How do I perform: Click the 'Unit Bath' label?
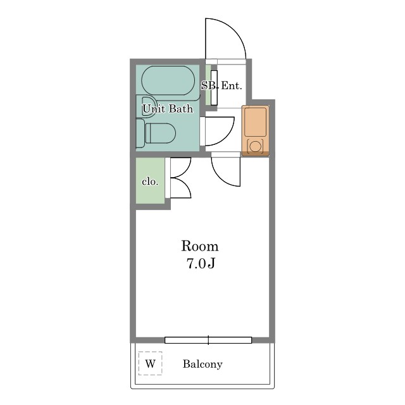(x=168, y=109)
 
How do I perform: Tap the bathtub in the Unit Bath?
(x=168, y=80)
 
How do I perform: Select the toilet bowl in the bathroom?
(x=160, y=133)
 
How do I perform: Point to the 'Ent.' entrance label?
(x=232, y=85)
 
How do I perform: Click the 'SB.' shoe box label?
(x=209, y=85)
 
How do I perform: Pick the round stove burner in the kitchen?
(x=255, y=146)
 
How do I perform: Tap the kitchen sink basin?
(x=256, y=122)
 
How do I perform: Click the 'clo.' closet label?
(x=150, y=182)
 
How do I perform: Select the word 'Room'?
(x=200, y=246)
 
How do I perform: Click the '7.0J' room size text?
(x=201, y=264)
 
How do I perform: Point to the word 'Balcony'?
(x=202, y=364)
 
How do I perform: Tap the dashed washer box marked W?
(x=150, y=363)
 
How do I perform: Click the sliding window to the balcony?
(x=208, y=340)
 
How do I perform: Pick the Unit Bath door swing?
(x=227, y=135)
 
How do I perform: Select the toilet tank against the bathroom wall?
(x=140, y=134)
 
